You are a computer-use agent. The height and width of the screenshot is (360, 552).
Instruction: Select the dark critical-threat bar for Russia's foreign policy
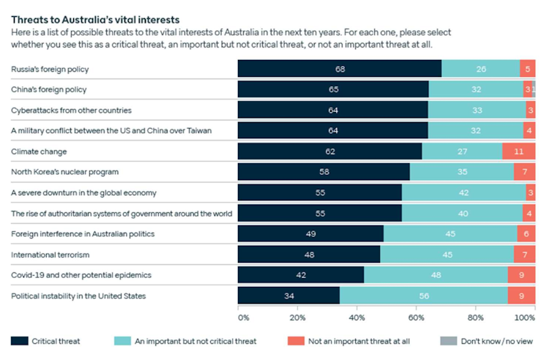click(x=340, y=69)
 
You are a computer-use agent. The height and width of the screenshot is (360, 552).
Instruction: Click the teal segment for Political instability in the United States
click(x=423, y=296)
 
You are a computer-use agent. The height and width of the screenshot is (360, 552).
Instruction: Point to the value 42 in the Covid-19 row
click(x=300, y=275)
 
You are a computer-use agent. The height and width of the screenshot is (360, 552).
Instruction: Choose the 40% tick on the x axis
click(x=357, y=318)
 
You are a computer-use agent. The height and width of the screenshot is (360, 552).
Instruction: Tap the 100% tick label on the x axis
click(x=525, y=318)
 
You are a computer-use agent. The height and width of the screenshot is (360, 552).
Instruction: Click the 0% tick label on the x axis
click(x=244, y=318)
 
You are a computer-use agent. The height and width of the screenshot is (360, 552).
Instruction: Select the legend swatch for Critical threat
click(x=20, y=341)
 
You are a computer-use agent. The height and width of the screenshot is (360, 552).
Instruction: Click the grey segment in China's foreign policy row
click(x=534, y=89)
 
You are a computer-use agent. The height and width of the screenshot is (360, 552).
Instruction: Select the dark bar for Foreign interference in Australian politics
click(x=310, y=234)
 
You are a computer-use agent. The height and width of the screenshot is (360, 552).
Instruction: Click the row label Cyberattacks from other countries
click(x=71, y=110)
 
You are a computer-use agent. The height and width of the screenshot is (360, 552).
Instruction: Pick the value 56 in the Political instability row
click(x=423, y=296)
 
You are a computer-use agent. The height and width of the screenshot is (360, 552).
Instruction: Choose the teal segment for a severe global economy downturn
click(x=463, y=192)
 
